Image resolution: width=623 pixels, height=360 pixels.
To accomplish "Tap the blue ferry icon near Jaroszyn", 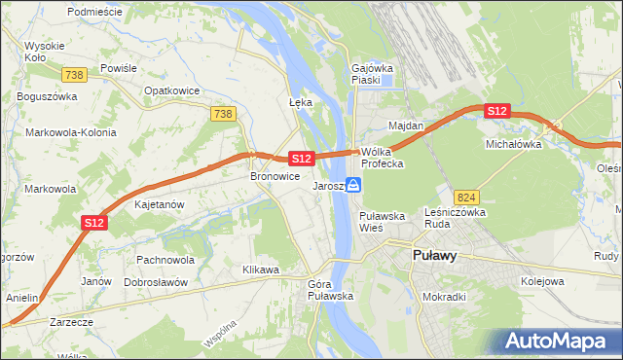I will point(355,185).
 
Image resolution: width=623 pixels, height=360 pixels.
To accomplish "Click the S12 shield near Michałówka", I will point(497,112).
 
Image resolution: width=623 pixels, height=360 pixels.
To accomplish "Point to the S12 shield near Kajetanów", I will point(93,223).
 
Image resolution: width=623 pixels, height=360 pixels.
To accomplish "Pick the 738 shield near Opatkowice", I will point(222,114).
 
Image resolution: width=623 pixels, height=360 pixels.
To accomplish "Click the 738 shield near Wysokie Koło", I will point(72,75).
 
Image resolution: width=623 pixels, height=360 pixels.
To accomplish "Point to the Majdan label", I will point(406,126).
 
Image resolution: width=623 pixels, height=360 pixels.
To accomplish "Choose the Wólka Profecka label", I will point(382,158).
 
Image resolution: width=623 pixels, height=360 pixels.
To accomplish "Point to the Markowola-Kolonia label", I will point(71,132).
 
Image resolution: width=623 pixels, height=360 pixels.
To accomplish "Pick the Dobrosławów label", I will point(156,281).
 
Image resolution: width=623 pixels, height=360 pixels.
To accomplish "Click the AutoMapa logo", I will point(557,341).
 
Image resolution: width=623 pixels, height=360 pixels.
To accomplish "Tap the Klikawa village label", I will point(261,270).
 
